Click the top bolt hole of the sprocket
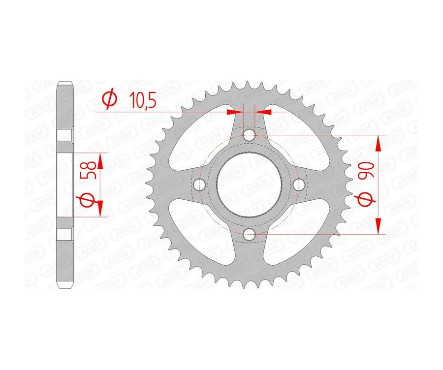[x=250, y=134]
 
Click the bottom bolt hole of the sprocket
[x=250, y=235]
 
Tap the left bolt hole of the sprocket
[x=199, y=185]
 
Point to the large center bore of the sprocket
[x=250, y=185]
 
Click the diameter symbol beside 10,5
[x=109, y=100]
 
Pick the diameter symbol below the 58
[x=87, y=201]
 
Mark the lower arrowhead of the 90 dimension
[x=378, y=226]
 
